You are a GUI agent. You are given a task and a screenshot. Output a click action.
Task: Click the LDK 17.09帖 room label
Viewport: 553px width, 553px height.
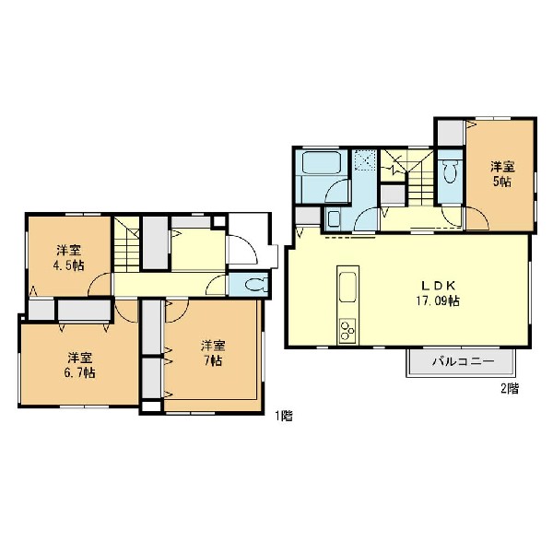(438, 293)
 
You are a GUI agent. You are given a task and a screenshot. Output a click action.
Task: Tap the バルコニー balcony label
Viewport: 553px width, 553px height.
(464, 361)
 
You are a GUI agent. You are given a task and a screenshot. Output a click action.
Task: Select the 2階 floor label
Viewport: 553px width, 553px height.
(510, 389)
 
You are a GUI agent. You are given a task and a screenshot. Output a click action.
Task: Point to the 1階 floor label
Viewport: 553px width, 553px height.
(284, 417)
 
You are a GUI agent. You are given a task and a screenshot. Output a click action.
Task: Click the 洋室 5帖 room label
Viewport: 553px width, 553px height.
(502, 174)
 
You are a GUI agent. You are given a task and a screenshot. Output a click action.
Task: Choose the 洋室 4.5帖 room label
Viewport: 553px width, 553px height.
(69, 258)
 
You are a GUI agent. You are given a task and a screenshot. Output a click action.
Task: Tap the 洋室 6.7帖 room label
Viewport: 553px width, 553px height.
(80, 365)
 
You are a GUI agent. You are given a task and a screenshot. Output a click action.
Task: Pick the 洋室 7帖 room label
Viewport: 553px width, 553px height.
(213, 353)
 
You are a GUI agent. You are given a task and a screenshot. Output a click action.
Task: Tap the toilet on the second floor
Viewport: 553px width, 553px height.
(450, 171)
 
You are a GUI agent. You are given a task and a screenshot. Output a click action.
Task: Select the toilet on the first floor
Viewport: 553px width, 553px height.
(256, 284)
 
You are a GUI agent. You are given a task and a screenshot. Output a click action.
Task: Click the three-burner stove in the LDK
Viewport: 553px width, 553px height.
(347, 330)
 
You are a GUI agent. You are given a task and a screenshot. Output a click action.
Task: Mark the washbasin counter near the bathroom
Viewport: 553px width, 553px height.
(334, 218)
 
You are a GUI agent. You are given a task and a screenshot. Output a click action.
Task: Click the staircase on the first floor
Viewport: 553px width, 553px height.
(126, 244)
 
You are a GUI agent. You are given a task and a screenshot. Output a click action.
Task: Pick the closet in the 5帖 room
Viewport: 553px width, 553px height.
(451, 133)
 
